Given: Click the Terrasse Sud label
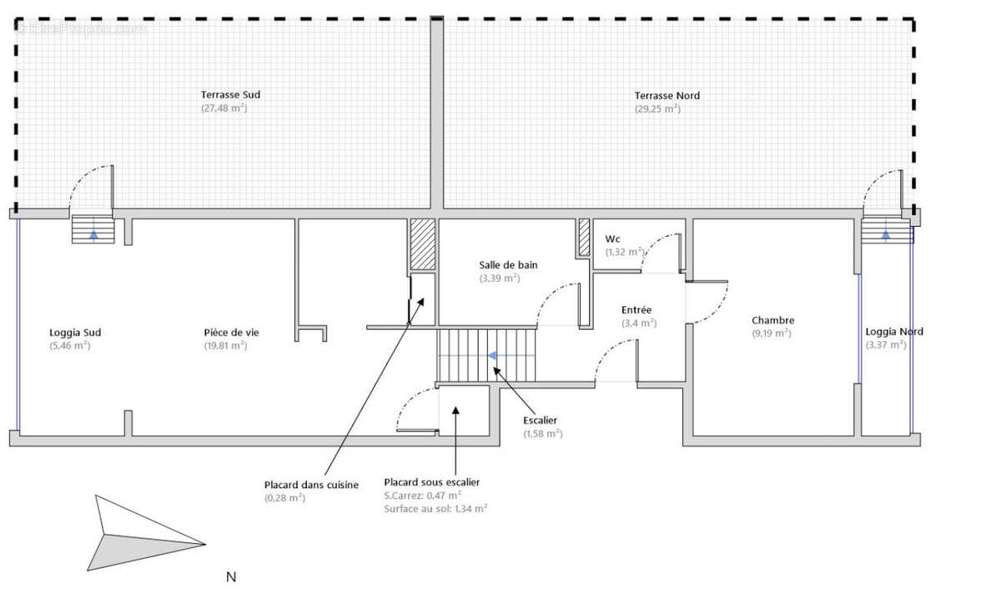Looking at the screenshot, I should point(230,95).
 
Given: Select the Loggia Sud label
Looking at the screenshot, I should point(75,332).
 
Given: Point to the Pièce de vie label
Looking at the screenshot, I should point(231,332).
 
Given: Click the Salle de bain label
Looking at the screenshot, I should point(508,265).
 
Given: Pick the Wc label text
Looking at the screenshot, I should point(612,239).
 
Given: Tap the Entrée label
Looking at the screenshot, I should point(636,310).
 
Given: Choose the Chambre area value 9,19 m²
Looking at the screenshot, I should point(772,333).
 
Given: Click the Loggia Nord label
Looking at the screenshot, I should point(894,331).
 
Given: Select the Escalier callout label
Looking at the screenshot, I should point(540,420).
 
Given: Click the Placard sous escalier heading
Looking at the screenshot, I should point(431,482).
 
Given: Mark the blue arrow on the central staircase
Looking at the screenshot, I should point(492,355).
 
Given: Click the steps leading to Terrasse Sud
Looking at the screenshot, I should point(93,229).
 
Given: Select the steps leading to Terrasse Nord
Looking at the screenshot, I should point(887,229).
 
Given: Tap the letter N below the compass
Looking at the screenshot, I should point(231,576).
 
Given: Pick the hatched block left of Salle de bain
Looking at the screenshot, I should point(423,244).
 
